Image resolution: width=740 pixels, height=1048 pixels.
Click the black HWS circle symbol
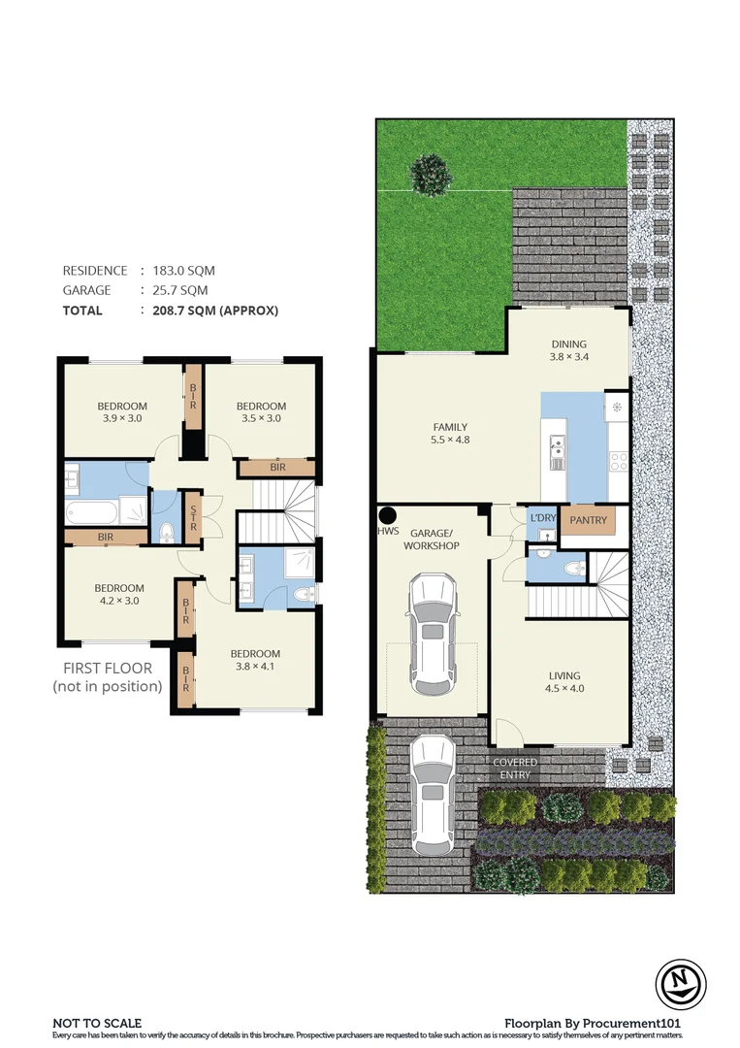click(388, 515)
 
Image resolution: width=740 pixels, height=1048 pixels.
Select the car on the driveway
click(433, 791)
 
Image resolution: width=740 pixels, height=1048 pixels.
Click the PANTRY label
click(588, 521)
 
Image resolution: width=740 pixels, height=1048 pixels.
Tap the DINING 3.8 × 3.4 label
click(569, 350)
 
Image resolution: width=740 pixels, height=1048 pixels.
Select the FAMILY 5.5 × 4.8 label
click(450, 434)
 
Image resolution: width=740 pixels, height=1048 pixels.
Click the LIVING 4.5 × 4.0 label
click(563, 683)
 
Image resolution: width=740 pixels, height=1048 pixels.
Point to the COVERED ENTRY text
click(514, 769)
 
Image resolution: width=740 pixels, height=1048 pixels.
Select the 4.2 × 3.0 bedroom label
click(119, 595)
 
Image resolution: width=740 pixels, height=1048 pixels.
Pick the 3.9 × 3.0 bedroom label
click(121, 412)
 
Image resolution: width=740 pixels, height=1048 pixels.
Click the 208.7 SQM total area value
click(209, 311)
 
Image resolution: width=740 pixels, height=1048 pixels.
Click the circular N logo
click(679, 982)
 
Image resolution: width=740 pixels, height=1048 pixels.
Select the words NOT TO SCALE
click(97, 1023)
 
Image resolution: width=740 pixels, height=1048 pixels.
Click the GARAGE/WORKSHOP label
click(433, 540)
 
